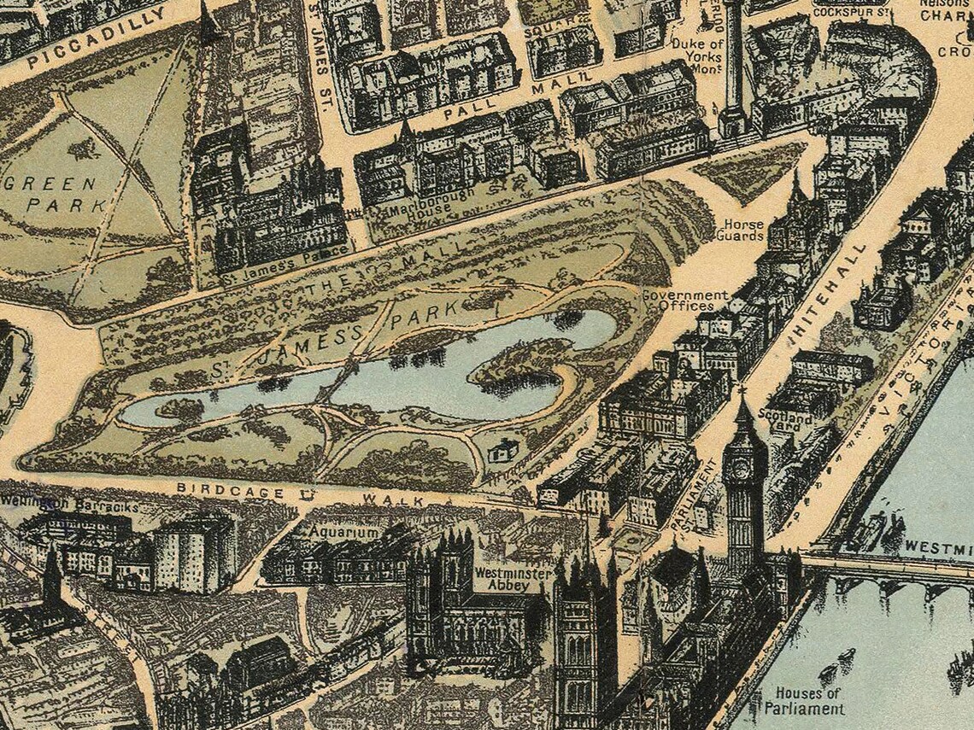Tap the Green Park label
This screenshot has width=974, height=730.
[x=65, y=195]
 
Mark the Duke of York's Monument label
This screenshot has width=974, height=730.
[x=697, y=56]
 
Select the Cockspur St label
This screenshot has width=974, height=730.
[x=851, y=12]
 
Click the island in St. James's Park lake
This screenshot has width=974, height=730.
[x=513, y=363]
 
